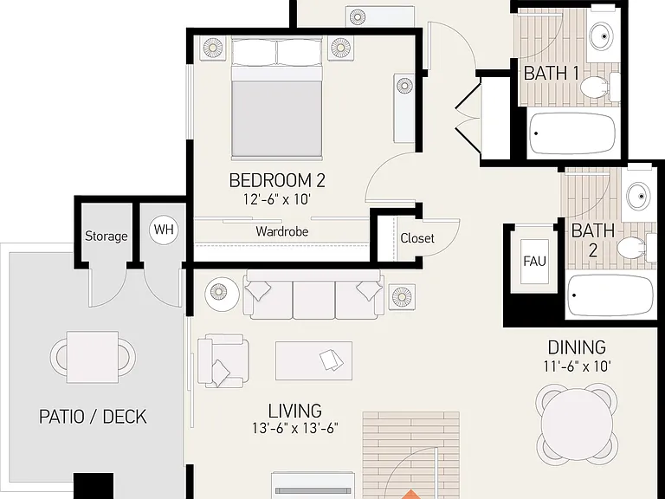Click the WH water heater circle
(164, 230)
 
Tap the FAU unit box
(534, 262)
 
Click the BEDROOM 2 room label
(277, 180)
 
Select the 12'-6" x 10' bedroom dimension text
(277, 199)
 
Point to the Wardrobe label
(282, 231)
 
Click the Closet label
(417, 238)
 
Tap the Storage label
(106, 236)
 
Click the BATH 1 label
(552, 74)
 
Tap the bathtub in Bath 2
(610, 295)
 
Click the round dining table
(577, 423)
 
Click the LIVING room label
(294, 411)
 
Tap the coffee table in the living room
(313, 360)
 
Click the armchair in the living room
(223, 360)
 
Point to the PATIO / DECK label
(93, 417)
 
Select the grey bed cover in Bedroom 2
(276, 120)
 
